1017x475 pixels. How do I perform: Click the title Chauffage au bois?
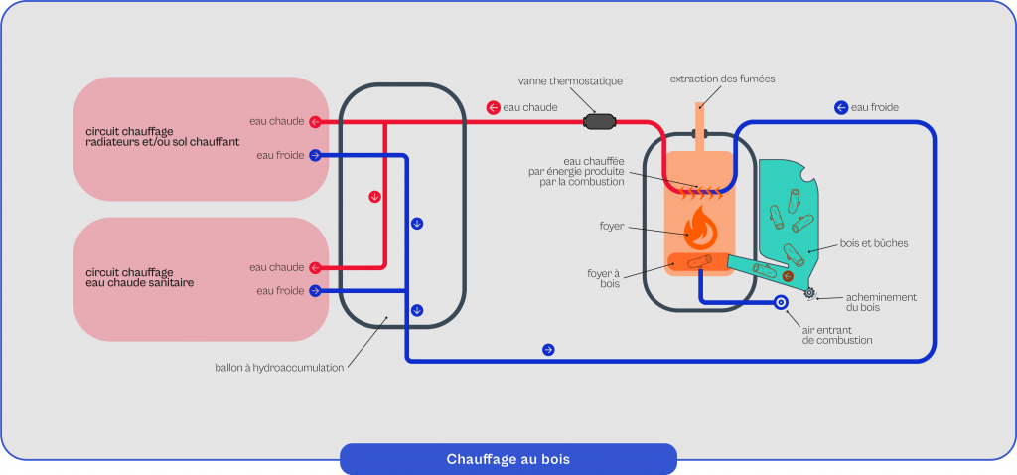508,459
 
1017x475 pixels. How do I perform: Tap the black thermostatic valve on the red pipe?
600,122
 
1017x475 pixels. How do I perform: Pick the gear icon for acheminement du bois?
810,292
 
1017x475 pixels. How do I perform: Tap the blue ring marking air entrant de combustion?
781,302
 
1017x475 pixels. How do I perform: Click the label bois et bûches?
873,242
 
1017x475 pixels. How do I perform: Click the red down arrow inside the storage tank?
374,196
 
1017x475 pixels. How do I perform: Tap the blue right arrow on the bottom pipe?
547,350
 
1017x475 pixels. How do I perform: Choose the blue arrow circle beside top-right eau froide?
841,107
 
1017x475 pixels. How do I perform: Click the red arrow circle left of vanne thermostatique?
493,107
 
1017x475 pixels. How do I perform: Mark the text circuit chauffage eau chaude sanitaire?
139,277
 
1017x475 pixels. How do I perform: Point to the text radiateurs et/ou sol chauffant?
162,142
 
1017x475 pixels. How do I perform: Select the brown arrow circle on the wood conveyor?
788,277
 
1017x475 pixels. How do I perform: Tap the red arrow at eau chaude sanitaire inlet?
315,267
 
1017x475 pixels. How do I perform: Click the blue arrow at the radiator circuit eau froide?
315,155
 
